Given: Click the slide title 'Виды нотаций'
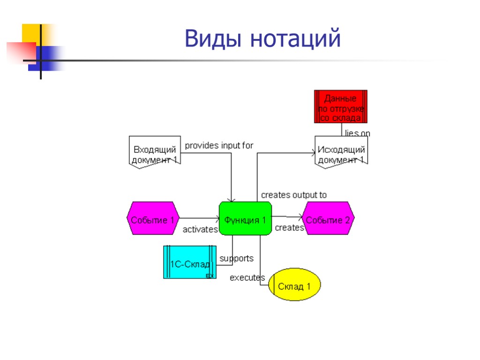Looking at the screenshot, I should tap(262, 38).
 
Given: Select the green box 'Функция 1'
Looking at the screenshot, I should tap(245, 219).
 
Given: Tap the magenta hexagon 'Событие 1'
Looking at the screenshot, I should tap(153, 219).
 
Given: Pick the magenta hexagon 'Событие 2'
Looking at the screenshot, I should tap(328, 219).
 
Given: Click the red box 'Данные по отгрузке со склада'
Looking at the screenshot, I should tap(340, 106).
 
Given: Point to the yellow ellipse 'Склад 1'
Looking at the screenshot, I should tap(295, 285).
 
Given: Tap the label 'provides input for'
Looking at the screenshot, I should tap(219, 145).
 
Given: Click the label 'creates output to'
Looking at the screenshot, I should tap(294, 195).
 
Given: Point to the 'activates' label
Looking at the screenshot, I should tap(200, 230).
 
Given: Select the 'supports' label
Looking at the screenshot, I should tap(237, 258).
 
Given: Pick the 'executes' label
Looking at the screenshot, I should tap(247, 277).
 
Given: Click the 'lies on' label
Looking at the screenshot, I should tap(358, 134).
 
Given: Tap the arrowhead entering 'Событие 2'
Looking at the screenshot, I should tap(300, 217).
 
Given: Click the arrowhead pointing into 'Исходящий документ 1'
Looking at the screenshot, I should tap(312, 152).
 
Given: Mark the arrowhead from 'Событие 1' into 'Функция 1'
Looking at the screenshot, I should tap(217, 218).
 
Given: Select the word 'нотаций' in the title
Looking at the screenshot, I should tap(295, 38).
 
